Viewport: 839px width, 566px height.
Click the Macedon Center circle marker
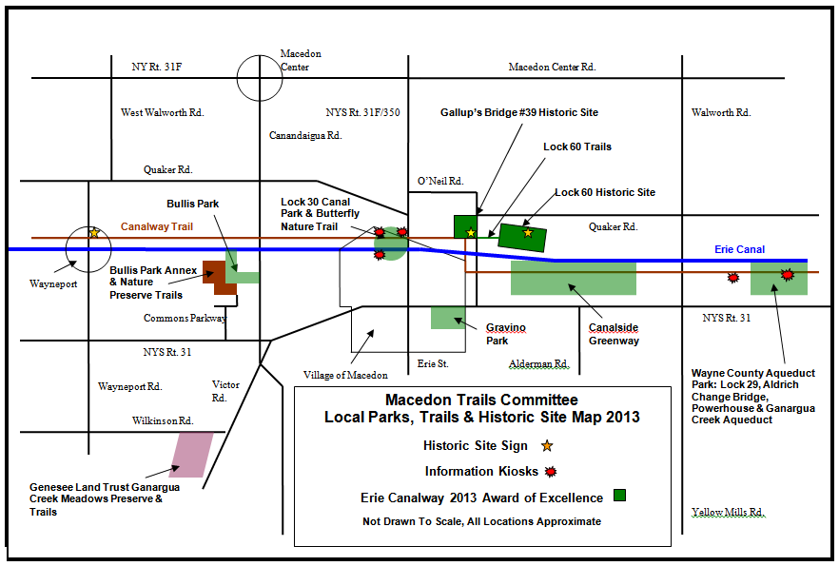pyautogui.click(x=260, y=78)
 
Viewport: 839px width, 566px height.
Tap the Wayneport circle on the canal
pyautogui.click(x=88, y=249)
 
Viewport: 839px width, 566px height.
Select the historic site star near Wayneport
pyautogui.click(x=93, y=232)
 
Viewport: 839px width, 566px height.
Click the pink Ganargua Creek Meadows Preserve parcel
pyautogui.click(x=192, y=454)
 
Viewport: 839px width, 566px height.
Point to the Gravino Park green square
pyautogui.click(x=448, y=318)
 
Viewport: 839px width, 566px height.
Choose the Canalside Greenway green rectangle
pyautogui.click(x=573, y=277)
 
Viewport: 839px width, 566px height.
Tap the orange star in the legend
pyautogui.click(x=547, y=445)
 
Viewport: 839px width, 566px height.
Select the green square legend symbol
pyautogui.click(x=619, y=496)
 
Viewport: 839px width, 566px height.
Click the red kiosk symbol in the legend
pyautogui.click(x=549, y=471)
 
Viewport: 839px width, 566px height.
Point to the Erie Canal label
pyautogui.click(x=739, y=249)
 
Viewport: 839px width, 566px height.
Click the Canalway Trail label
pyautogui.click(x=157, y=227)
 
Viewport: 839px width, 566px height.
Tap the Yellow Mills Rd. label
pyautogui.click(x=728, y=512)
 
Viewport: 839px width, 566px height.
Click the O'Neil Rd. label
pyautogui.click(x=440, y=181)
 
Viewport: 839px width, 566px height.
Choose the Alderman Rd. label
pyautogui.click(x=538, y=364)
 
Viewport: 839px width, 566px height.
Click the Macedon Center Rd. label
pyautogui.click(x=552, y=67)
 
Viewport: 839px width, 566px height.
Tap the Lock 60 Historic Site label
pyautogui.click(x=605, y=192)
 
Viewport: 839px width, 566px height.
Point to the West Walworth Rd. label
pyautogui.click(x=162, y=112)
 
